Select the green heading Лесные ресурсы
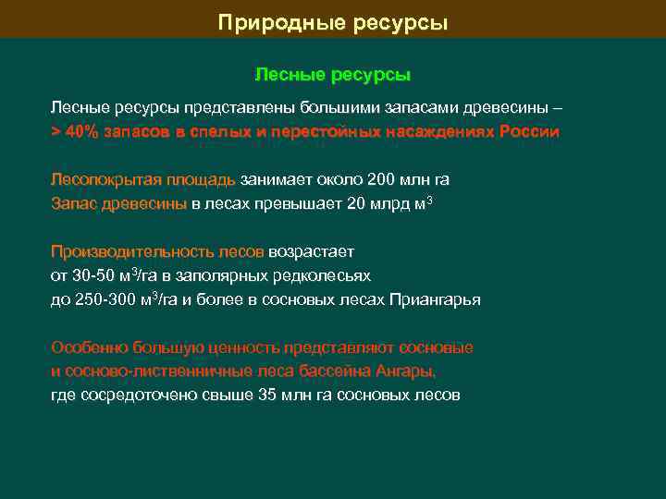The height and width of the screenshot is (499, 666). (332, 73)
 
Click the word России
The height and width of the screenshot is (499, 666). (530, 131)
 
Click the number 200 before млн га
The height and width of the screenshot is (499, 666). (381, 179)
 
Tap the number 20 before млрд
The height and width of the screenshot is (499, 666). (355, 202)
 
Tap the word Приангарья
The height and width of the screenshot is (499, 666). (436, 299)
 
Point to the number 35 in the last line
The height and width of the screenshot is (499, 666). (268, 395)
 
